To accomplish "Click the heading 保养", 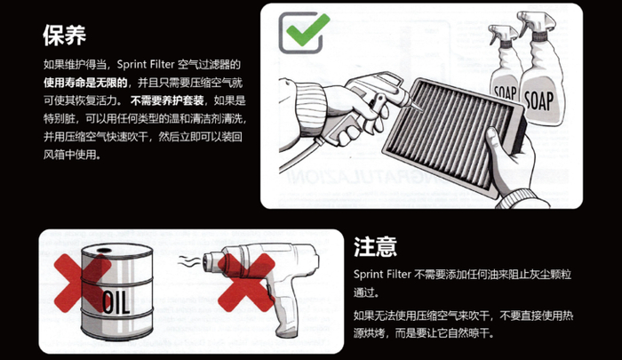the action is pos(64,36).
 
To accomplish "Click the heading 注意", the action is pos(375,246).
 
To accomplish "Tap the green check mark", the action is pos(307,29).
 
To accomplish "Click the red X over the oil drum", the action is pos(82,283).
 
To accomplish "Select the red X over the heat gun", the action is pos(246,283).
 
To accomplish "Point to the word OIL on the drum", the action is pos(116,302).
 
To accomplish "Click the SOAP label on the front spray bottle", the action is pos(539,100).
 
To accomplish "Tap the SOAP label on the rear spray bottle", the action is pos(505,93).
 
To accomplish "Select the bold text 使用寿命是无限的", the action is pos(85,83).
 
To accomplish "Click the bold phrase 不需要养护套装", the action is pos(167,100).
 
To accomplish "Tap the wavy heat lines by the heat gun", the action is pos(188,261).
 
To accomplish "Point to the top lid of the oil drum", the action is pos(117,252).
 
